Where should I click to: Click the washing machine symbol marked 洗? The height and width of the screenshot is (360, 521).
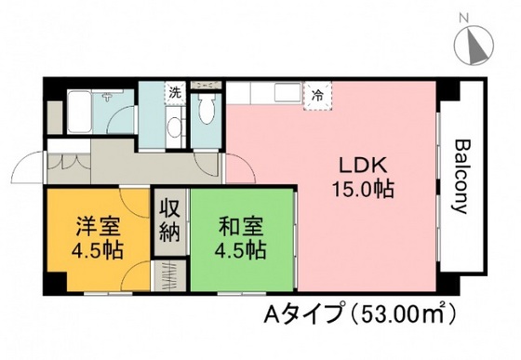(x=175, y=93)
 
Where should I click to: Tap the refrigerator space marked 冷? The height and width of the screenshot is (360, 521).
(x=317, y=96)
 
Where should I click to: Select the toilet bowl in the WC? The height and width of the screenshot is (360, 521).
(x=206, y=109)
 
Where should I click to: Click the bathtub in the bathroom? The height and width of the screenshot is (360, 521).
(x=80, y=112)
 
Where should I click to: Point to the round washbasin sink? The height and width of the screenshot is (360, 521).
(x=174, y=127)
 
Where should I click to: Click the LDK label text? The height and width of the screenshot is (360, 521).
(x=363, y=166)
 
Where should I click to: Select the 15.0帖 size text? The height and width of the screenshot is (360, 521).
(x=363, y=189)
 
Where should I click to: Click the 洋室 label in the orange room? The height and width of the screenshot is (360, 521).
(x=98, y=226)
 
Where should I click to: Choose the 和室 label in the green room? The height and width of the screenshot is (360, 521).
(x=241, y=226)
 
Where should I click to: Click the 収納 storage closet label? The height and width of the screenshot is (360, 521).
(x=170, y=220)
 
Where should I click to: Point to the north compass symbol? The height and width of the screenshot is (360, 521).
(x=474, y=46)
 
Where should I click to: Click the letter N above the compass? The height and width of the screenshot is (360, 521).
(x=463, y=18)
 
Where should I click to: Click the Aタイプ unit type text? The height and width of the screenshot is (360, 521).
(x=303, y=313)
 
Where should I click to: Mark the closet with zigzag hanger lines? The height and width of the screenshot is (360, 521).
(x=170, y=275)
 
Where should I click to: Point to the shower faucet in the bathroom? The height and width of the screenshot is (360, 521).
(x=107, y=97)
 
